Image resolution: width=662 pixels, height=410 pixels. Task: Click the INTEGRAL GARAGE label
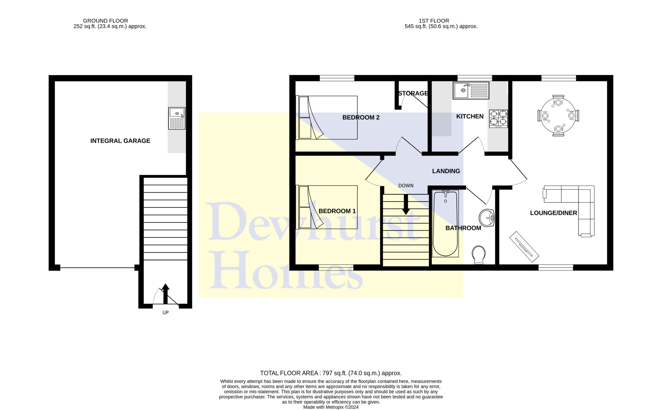pyautogui.click(x=120, y=141)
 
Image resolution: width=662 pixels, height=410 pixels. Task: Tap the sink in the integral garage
pyautogui.click(x=177, y=118)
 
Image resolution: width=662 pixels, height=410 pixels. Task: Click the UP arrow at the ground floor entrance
pyautogui.click(x=165, y=294)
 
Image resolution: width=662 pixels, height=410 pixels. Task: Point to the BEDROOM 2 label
pyautogui.click(x=361, y=117)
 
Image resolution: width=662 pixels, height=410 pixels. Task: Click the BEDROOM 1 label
pyautogui.click(x=337, y=211)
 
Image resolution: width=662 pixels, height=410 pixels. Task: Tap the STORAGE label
pyautogui.click(x=413, y=93)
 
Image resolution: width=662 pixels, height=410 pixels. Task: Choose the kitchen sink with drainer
pyautogui.click(x=471, y=90)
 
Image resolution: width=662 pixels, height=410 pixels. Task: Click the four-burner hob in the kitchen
pyautogui.click(x=498, y=119)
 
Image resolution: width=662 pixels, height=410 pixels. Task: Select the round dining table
pyautogui.click(x=558, y=115)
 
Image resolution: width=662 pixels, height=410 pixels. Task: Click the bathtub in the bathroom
pyautogui.click(x=445, y=224)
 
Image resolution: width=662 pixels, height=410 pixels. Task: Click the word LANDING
pyautogui.click(x=446, y=171)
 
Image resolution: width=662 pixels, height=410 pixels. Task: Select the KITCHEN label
pyautogui.click(x=470, y=116)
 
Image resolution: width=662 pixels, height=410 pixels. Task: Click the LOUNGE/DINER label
pyautogui.click(x=553, y=213)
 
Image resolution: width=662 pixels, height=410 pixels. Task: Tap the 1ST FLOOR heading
pyautogui.click(x=434, y=21)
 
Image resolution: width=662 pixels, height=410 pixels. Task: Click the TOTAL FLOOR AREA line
pyautogui.click(x=331, y=373)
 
